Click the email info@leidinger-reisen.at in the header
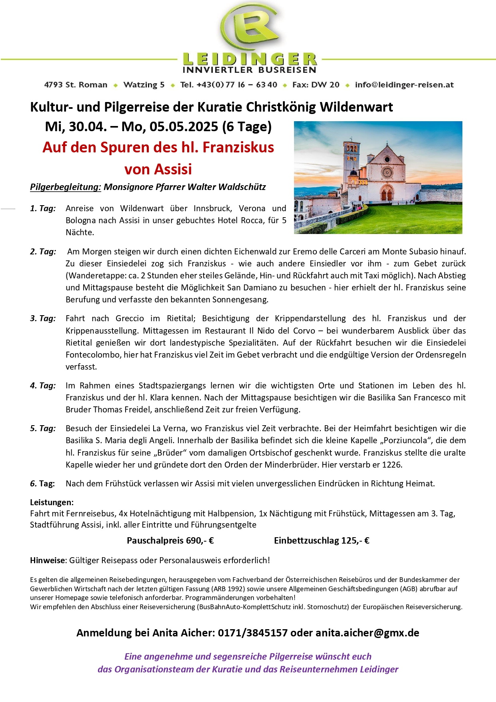[404, 85]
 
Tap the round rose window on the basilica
[387, 172]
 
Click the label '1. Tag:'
[43, 208]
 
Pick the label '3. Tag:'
[43, 318]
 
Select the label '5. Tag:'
[43, 428]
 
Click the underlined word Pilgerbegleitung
[65, 187]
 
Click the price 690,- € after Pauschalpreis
[200, 541]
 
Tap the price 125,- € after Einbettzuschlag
[355, 541]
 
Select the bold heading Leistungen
[52, 502]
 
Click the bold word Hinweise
[47, 560]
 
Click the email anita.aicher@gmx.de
[367, 633]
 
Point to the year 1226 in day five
[392, 465]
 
